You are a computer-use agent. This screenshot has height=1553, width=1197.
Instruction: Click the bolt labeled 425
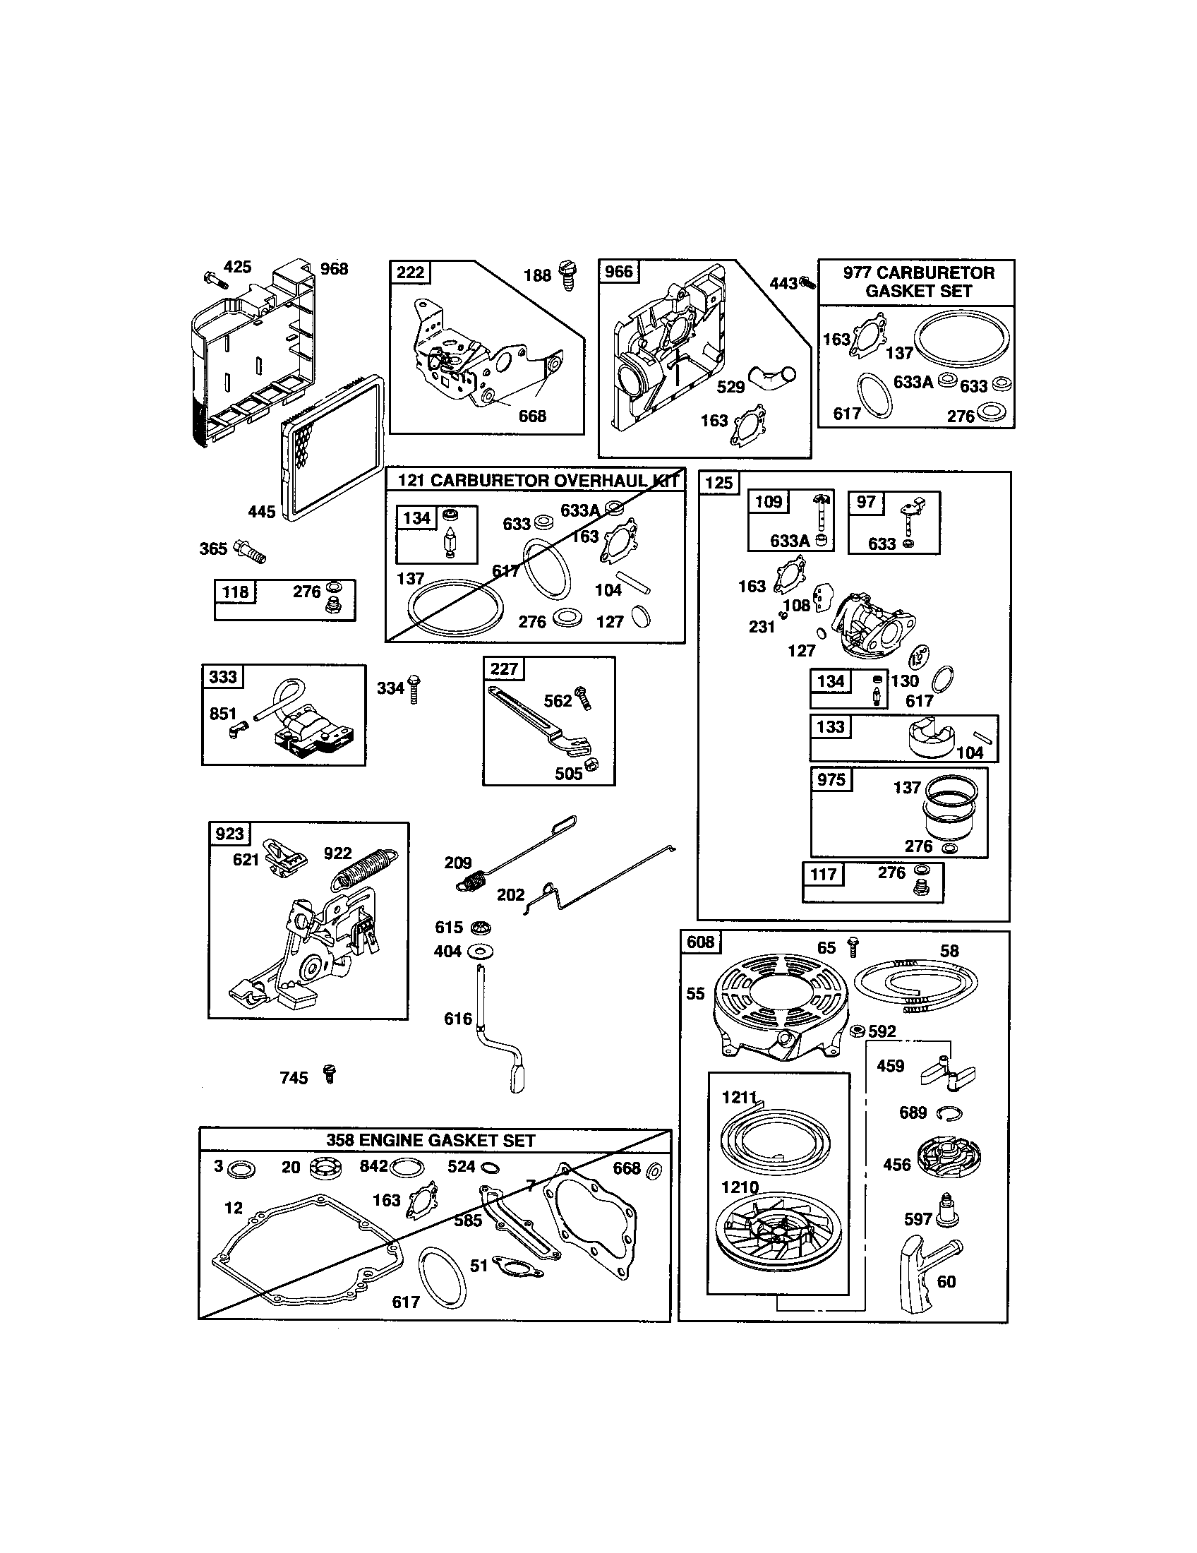[214, 280]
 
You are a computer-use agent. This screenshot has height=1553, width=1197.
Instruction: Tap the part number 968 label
[334, 269]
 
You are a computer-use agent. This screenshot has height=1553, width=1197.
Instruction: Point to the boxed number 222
[410, 272]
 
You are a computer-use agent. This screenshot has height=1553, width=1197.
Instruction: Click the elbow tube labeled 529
[773, 377]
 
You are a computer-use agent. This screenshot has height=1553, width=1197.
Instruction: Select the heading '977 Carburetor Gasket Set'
[918, 282]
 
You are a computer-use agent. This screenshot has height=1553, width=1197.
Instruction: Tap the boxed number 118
[235, 592]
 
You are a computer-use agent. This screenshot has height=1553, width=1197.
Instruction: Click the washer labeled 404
[482, 952]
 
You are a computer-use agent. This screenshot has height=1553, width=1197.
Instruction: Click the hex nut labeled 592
[858, 1031]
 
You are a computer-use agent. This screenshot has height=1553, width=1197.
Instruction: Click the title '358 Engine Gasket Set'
[431, 1140]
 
